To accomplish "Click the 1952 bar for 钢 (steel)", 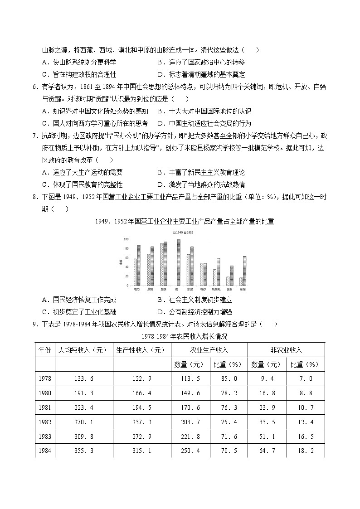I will point(179,263).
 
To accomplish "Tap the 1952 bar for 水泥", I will point(192,267).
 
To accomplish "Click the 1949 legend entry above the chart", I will point(178,232).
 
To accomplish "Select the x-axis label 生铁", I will point(163,289).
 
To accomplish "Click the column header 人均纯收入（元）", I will point(84,350).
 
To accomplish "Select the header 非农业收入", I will point(286,350).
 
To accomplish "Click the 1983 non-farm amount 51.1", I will point(267,435).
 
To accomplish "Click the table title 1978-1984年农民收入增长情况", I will point(180,336).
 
